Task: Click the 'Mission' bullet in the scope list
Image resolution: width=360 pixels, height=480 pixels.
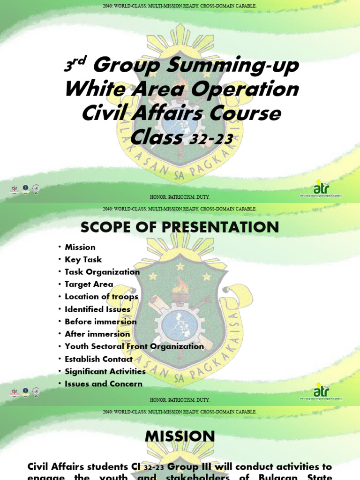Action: coord(80,247)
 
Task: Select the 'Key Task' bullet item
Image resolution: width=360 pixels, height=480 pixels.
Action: coord(83,259)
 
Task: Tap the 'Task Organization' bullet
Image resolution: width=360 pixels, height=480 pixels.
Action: coord(102,272)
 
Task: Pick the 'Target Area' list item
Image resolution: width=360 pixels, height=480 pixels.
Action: coord(89,284)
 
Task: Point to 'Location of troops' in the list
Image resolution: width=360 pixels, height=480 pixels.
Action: coord(101,297)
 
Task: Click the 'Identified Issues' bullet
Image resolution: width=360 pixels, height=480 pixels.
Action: coord(97,309)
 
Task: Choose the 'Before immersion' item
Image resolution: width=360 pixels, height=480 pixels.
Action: coord(100,322)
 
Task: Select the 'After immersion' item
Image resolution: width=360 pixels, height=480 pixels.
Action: coord(97,334)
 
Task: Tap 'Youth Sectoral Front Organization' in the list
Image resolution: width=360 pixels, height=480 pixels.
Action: coord(134,346)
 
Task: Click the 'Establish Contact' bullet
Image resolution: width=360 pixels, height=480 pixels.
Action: coord(98,359)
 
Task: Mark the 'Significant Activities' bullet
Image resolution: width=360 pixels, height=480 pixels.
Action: coord(105,371)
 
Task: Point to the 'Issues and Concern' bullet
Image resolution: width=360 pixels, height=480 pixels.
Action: coord(103,384)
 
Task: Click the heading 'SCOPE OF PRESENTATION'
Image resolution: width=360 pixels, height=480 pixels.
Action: coord(180,227)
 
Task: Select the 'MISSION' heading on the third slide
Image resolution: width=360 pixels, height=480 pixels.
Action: coord(180,436)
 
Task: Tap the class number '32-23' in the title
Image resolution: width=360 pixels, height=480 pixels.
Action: coord(211,139)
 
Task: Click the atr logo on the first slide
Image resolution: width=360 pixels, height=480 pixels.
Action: coord(321,187)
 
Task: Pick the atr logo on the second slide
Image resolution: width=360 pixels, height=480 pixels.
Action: coord(321,391)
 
